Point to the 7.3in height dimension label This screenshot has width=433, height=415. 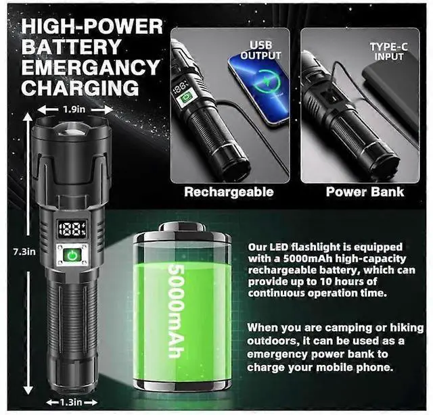pos(11,251)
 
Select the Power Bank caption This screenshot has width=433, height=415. pos(365,192)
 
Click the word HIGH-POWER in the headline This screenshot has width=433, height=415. pos(91,27)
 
